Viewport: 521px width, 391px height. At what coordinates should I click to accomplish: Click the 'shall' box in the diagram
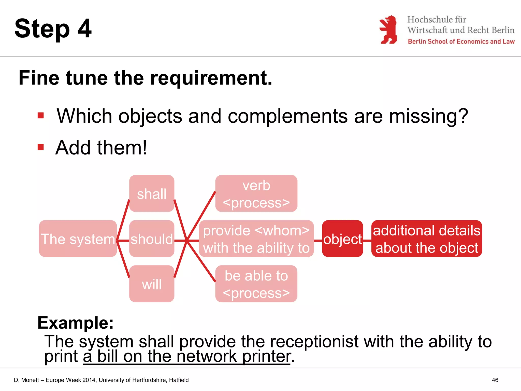(152, 193)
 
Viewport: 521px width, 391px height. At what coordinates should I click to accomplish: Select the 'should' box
(152, 239)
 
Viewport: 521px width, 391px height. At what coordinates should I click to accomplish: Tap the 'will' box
(152, 284)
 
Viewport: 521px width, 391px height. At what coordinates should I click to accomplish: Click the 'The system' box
(78, 239)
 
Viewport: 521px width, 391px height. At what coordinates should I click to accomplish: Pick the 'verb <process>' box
(256, 193)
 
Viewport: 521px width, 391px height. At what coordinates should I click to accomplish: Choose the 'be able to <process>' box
(256, 284)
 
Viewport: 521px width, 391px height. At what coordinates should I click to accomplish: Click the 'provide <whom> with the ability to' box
(256, 239)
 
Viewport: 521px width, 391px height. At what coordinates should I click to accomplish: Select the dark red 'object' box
(342, 239)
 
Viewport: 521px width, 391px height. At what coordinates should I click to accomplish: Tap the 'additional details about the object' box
(427, 239)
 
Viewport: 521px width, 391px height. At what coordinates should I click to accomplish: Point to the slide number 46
(495, 380)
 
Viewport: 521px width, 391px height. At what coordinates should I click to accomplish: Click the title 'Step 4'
(53, 29)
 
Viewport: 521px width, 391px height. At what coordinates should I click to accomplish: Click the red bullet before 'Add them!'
(41, 147)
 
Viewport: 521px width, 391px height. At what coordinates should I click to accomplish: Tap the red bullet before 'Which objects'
(41, 116)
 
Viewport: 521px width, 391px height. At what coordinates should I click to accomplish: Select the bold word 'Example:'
(76, 323)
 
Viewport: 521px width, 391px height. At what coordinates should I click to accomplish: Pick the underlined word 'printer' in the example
(266, 356)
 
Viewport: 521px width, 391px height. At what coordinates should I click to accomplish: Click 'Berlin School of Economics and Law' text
(461, 41)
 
